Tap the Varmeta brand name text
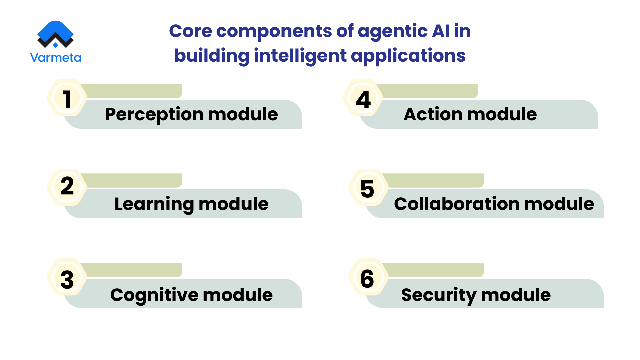55,58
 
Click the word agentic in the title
393,31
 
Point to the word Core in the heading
190,31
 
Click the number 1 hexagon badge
67,98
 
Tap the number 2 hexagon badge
67,187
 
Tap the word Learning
154,204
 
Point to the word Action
432,114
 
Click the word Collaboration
456,204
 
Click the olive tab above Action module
430,91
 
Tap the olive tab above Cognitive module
133,270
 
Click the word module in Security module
516,295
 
